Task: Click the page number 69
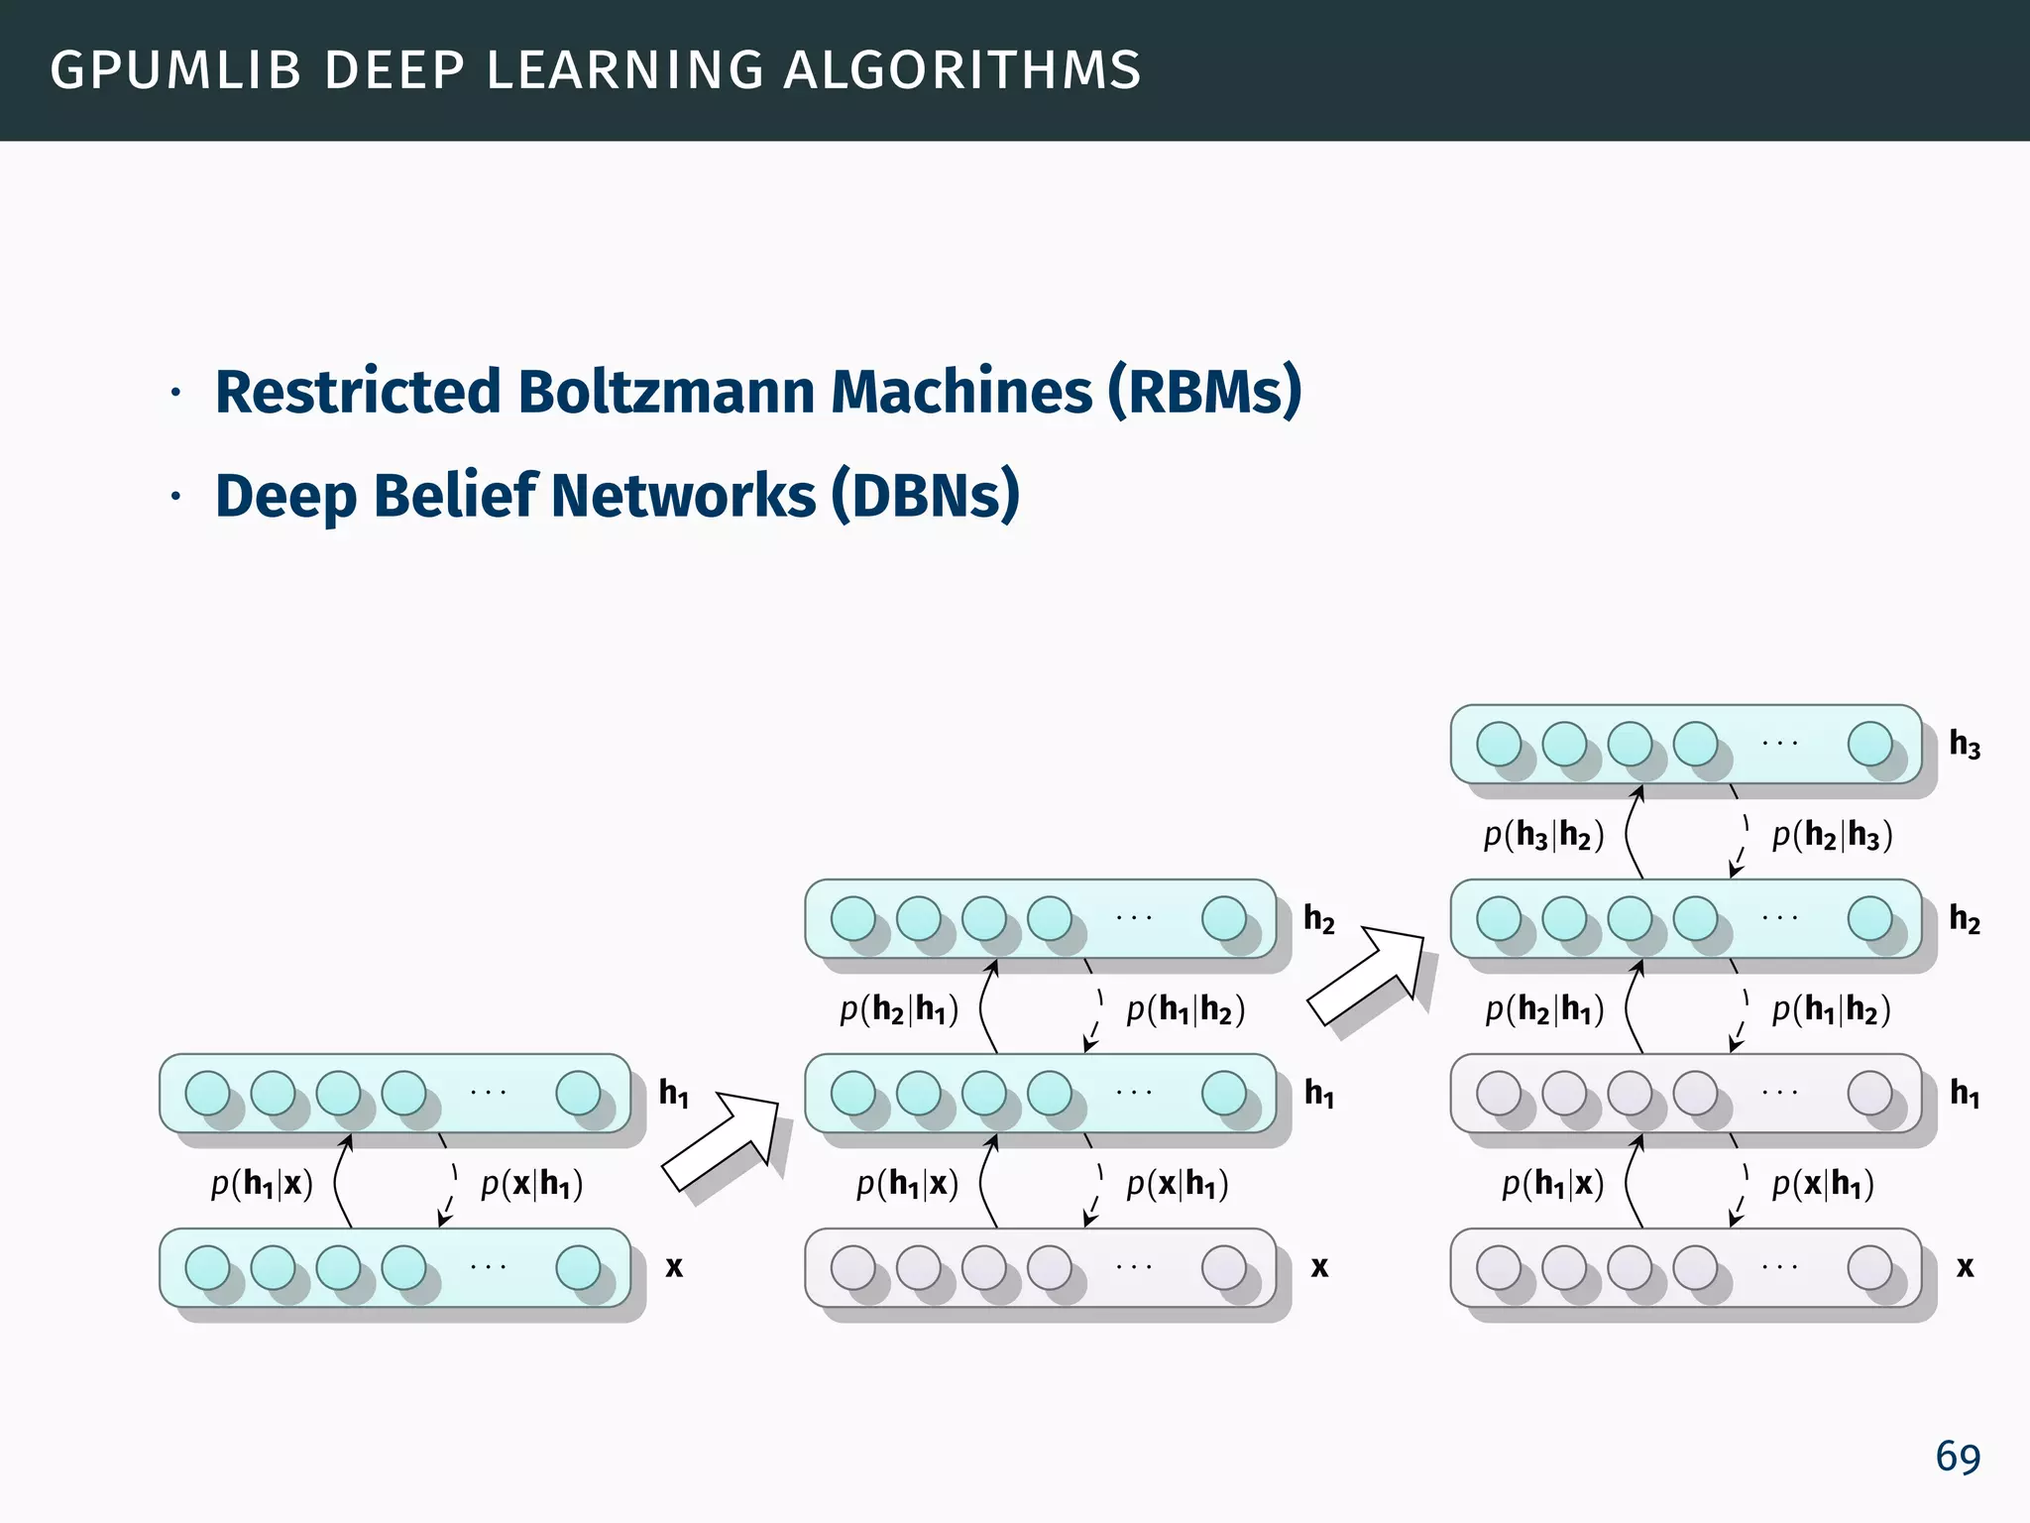(x=1957, y=1458)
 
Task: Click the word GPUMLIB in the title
(x=175, y=70)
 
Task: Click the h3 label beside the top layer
(x=1964, y=744)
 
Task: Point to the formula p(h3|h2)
(x=1542, y=836)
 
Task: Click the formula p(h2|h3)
(x=1832, y=836)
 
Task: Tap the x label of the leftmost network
(x=674, y=1266)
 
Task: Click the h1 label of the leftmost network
(x=674, y=1093)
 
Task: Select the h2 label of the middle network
(x=1318, y=919)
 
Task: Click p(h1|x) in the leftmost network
(x=262, y=1184)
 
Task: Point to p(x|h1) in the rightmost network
(x=1822, y=1184)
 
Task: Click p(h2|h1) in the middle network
(x=898, y=1009)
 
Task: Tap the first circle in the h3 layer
(x=1498, y=744)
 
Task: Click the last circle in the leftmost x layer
(x=578, y=1266)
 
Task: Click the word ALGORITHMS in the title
(x=961, y=70)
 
